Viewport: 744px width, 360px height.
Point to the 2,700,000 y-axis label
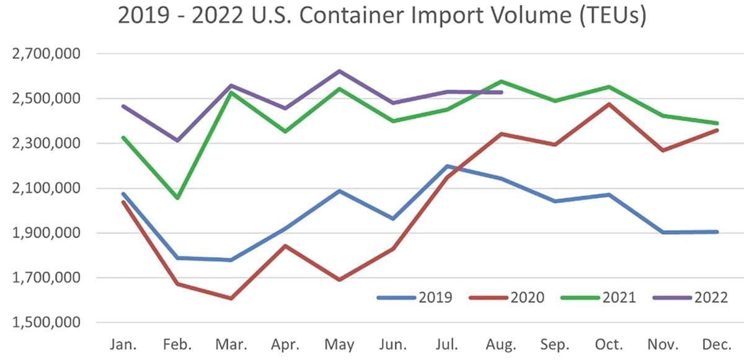coord(47,54)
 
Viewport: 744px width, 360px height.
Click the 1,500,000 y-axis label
coord(47,323)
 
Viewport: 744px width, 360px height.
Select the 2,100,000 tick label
coord(47,188)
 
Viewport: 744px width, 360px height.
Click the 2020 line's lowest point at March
coord(231,299)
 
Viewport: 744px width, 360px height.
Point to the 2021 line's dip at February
coord(177,198)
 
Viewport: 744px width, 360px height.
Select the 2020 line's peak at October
coord(609,104)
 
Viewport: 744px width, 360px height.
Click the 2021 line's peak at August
coord(501,81)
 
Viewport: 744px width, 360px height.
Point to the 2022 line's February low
coord(177,141)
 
